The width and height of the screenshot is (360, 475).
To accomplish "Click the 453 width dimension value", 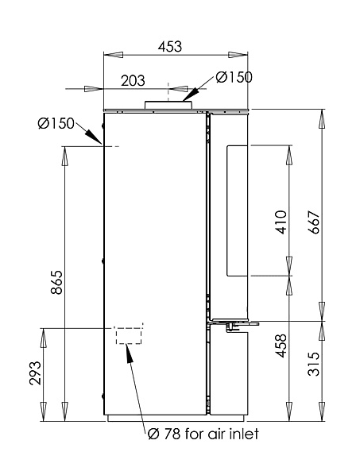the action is (170, 47).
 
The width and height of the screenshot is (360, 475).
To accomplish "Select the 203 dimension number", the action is (133, 80).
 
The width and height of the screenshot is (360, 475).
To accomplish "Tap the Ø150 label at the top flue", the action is (234, 77).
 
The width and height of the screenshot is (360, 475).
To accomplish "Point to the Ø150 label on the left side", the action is (56, 123).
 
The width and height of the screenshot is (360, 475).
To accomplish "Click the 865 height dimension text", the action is (56, 282).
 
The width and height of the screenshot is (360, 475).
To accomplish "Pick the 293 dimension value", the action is (35, 373).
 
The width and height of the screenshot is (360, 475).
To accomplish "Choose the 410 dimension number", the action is (280, 222).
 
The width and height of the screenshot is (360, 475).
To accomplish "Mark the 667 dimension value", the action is (314, 222).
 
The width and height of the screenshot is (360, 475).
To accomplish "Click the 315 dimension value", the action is (314, 364).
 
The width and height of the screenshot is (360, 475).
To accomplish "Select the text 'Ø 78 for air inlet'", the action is (203, 434).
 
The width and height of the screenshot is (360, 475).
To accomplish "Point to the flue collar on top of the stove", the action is (168, 105).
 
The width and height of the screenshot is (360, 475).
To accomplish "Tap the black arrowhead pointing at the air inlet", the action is (130, 353).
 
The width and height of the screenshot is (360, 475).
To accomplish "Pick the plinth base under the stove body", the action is (176, 418).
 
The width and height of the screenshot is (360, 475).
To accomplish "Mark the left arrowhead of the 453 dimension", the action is (114, 55).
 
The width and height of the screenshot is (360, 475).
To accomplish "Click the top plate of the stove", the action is (176, 110).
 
